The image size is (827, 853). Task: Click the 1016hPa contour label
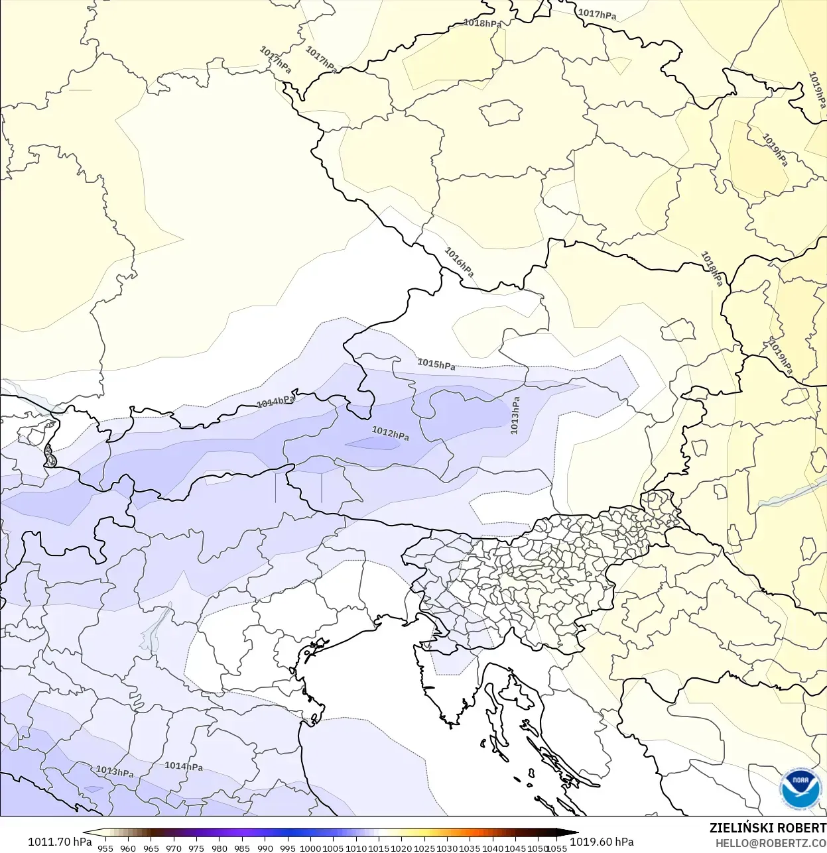tap(459, 262)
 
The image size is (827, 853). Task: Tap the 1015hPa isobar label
tap(436, 364)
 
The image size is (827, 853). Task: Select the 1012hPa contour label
tap(390, 433)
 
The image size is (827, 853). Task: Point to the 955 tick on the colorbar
tap(105, 848)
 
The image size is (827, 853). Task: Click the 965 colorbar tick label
tap(151, 848)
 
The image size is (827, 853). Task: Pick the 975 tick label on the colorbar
tap(196, 848)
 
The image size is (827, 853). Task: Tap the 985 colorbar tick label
tap(242, 848)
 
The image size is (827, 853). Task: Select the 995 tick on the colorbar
tap(288, 848)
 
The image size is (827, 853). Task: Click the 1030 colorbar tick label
tap(447, 848)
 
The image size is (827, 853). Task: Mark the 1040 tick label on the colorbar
tap(493, 848)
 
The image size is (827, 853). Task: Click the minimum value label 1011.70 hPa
tap(60, 842)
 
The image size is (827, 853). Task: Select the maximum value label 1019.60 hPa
tap(602, 842)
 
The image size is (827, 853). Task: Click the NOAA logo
tap(800, 789)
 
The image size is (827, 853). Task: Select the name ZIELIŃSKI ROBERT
tap(767, 828)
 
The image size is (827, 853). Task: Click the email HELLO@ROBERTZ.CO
tap(771, 844)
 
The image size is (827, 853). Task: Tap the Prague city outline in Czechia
tap(501, 113)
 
